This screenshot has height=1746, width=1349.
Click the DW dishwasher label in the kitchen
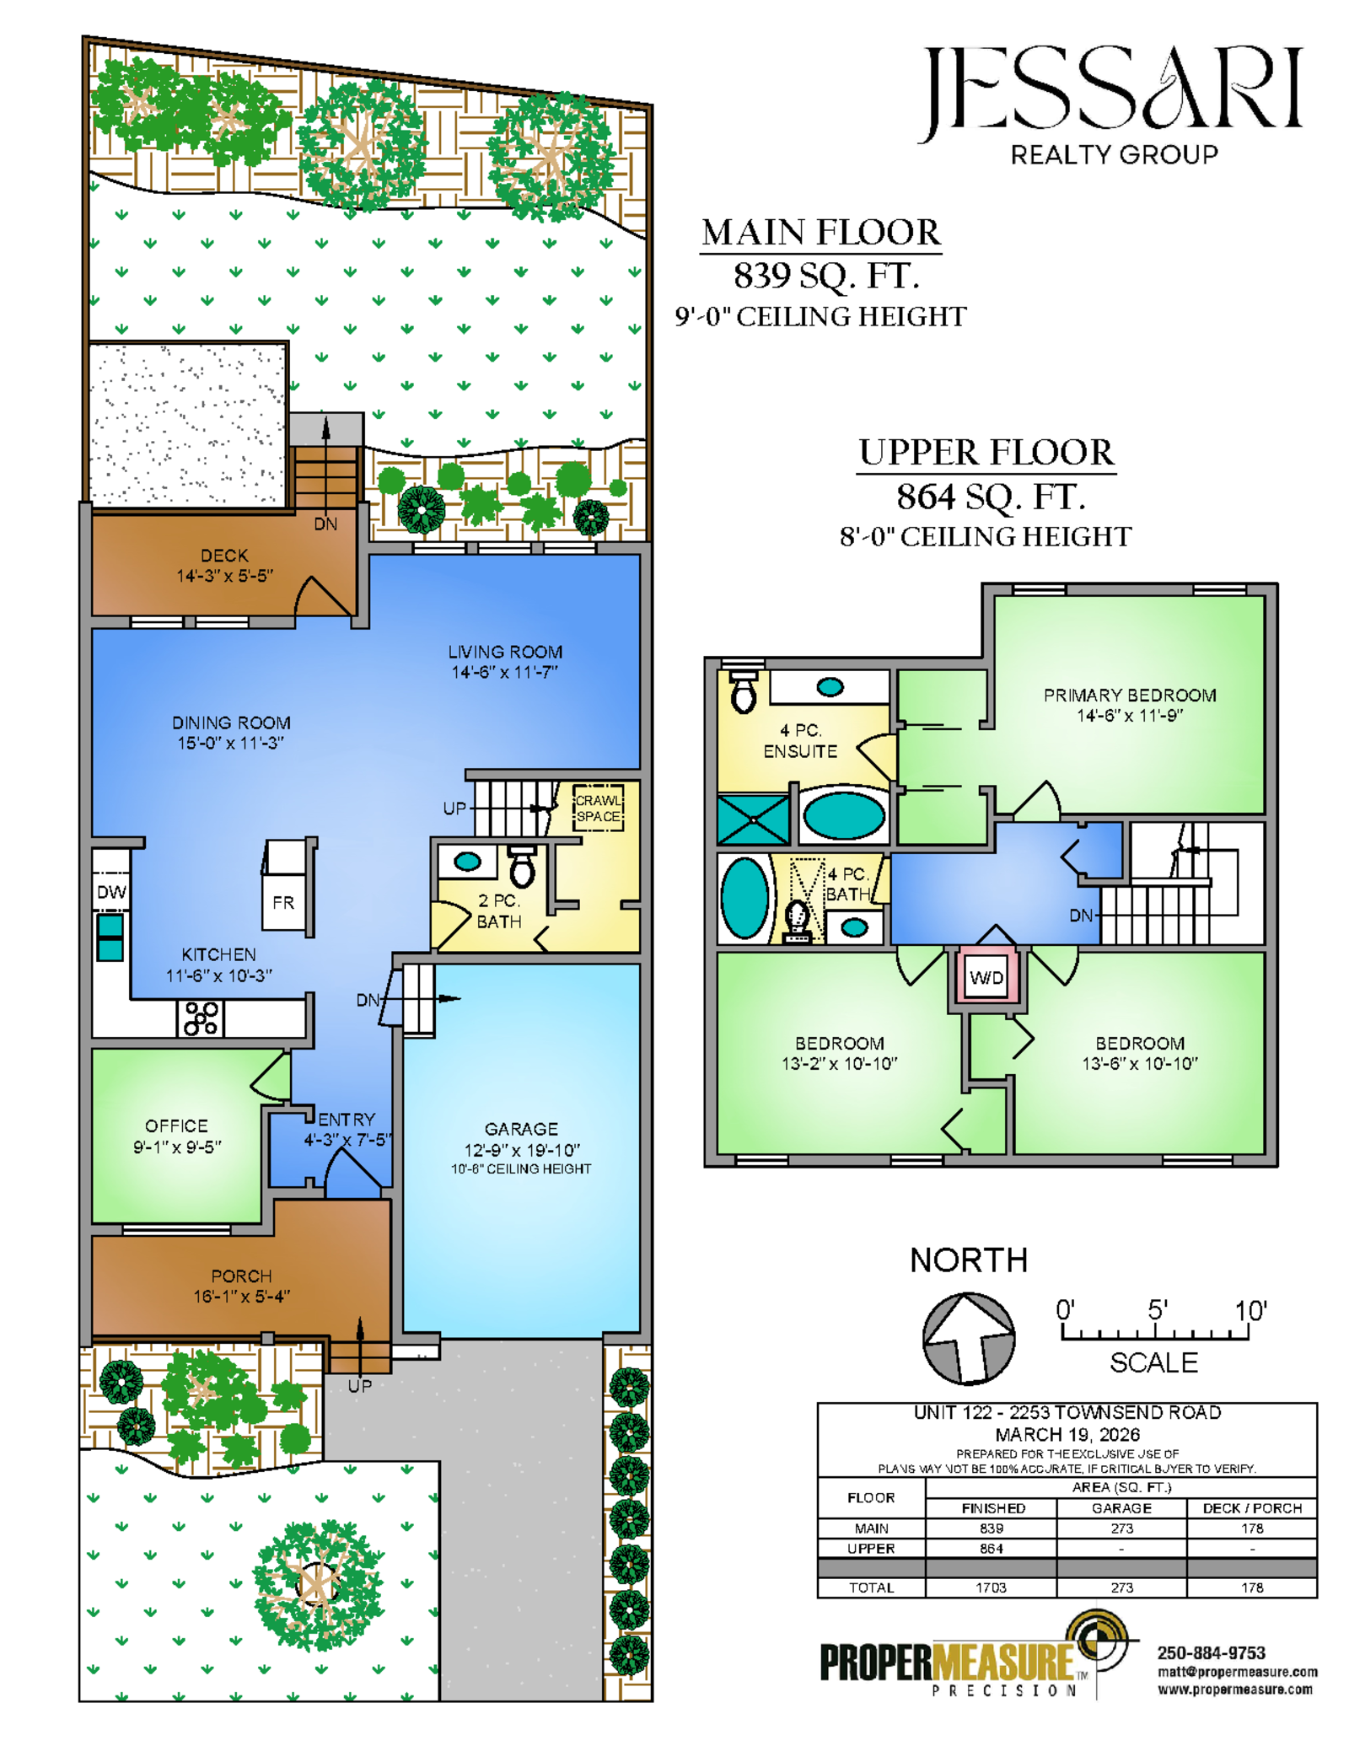coord(111,892)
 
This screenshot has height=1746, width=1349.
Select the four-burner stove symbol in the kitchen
coord(202,1018)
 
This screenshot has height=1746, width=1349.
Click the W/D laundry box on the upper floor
coord(986,977)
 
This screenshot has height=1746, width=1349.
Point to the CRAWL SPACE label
coord(598,808)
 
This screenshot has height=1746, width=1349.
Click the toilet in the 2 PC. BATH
coord(522,868)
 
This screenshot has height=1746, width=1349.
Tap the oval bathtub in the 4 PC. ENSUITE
coord(843,815)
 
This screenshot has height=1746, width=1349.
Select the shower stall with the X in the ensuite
coord(753,819)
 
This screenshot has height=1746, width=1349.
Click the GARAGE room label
coord(521,1128)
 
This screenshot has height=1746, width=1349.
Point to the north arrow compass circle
coord(969,1339)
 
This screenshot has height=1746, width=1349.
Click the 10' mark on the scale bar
coord(1250,1311)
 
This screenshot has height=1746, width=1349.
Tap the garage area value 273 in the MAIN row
coord(1121,1528)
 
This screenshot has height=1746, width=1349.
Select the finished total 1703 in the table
coord(991,1588)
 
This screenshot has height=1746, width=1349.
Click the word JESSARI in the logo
coord(1113,91)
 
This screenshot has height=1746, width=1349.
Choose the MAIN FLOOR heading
coord(820,232)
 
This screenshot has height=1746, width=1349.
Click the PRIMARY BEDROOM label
coord(1130,695)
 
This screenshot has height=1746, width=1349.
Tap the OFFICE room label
coord(176,1125)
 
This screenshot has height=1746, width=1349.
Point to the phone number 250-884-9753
coord(1211,1652)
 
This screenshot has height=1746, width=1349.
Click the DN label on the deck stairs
coord(325,524)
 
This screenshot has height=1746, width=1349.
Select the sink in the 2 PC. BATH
coord(467,862)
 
